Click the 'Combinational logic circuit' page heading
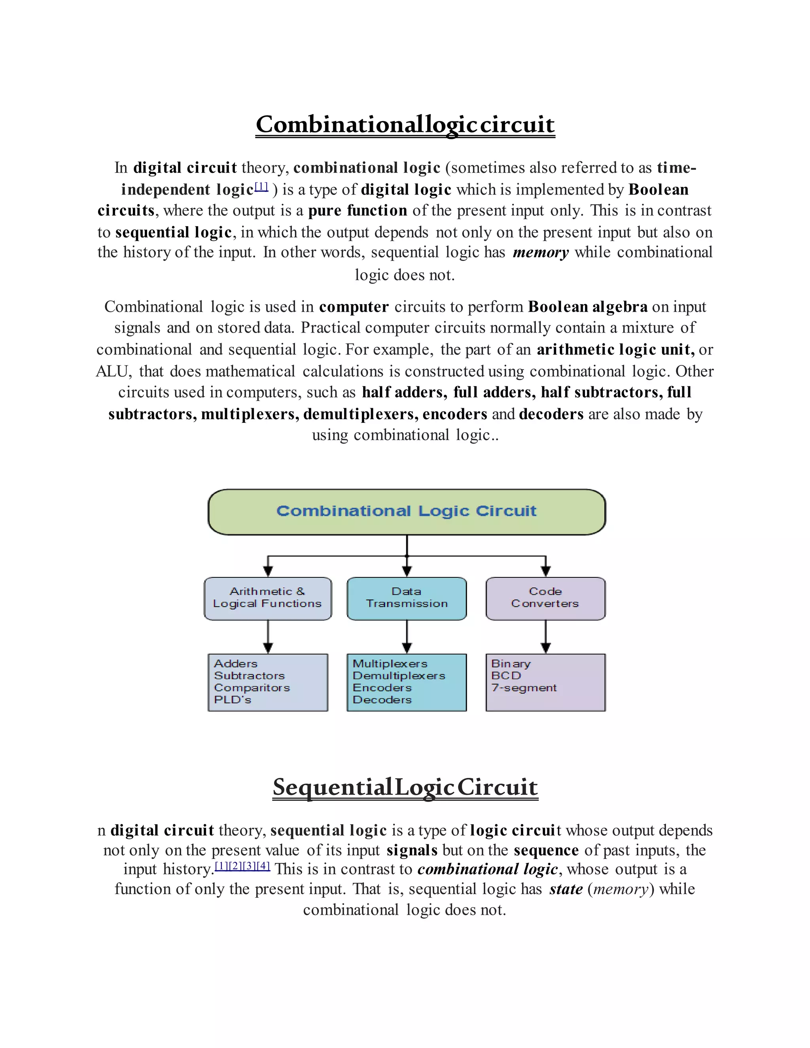(x=405, y=124)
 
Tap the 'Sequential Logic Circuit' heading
(x=405, y=787)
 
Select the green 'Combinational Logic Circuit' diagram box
(x=407, y=511)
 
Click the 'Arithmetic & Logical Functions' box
(x=268, y=598)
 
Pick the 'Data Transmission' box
(x=407, y=598)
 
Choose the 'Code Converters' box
(x=545, y=598)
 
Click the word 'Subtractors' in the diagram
(x=250, y=675)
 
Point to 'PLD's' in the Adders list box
(x=233, y=700)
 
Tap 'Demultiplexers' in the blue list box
(x=399, y=675)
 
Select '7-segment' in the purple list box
(x=524, y=688)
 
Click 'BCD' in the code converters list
(x=506, y=675)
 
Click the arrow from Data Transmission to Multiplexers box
(x=407, y=637)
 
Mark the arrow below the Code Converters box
(x=545, y=637)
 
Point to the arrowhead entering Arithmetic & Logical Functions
(x=268, y=571)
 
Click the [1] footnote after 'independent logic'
(x=261, y=186)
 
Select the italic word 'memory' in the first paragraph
(x=541, y=252)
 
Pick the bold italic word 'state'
(x=566, y=889)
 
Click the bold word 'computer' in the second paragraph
(x=354, y=307)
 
